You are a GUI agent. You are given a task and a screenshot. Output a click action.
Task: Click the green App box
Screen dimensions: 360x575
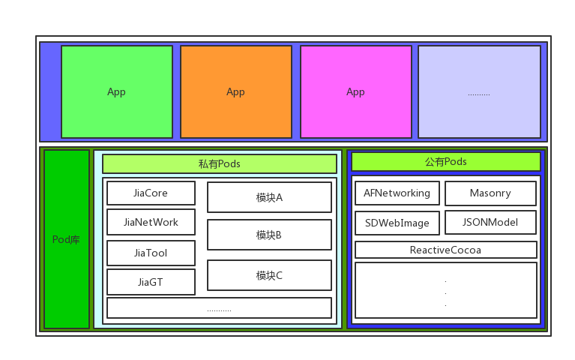(117, 92)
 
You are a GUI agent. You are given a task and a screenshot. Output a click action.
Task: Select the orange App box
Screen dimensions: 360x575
(236, 92)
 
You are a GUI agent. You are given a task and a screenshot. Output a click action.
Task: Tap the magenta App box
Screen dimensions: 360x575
(356, 92)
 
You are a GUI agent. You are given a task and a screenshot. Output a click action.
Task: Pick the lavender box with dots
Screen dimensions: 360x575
(479, 92)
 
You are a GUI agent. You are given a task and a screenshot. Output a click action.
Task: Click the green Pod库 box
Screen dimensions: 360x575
(67, 239)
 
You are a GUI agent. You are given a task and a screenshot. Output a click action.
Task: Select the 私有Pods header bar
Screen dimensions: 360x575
(220, 163)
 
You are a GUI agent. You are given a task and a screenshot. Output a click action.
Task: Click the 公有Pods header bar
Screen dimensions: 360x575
(446, 161)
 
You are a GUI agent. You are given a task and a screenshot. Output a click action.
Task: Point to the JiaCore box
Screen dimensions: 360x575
(151, 193)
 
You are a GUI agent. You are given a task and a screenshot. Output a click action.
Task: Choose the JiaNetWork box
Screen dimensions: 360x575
(151, 222)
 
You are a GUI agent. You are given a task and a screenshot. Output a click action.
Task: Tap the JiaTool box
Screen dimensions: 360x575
(151, 253)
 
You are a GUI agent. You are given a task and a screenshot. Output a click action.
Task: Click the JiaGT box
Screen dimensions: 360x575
(151, 282)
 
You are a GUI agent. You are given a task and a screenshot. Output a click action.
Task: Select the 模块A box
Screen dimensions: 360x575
(269, 197)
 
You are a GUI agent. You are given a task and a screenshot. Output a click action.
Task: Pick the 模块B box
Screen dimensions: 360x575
(269, 235)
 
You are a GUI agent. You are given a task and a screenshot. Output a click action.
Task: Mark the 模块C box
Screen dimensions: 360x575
(269, 275)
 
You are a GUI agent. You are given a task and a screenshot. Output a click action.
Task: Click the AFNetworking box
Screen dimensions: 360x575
(397, 193)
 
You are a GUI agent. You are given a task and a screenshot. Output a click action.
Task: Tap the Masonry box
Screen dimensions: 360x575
(490, 193)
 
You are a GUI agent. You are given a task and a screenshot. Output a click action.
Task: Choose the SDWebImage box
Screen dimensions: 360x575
(397, 223)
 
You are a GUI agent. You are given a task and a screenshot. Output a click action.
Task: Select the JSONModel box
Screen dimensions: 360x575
(490, 222)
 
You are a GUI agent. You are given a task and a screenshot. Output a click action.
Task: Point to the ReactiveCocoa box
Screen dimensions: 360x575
(446, 250)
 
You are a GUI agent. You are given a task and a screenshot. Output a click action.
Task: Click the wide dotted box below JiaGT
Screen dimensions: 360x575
(219, 308)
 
